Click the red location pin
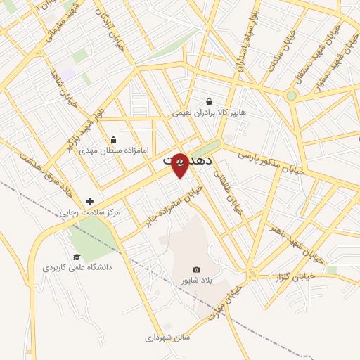pos(180,165)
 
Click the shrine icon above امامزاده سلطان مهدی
pos(114,139)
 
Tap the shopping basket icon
pos(209,101)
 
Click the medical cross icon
pos(89,201)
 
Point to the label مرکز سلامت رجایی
pos(89,212)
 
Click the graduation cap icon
pos(76,257)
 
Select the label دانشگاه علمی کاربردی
pos(77,268)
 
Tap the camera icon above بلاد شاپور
pos(196,270)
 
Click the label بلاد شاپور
pos(196,281)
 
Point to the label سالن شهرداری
pos(168,337)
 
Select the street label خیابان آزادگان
pos(115,28)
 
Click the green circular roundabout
pos(290,94)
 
